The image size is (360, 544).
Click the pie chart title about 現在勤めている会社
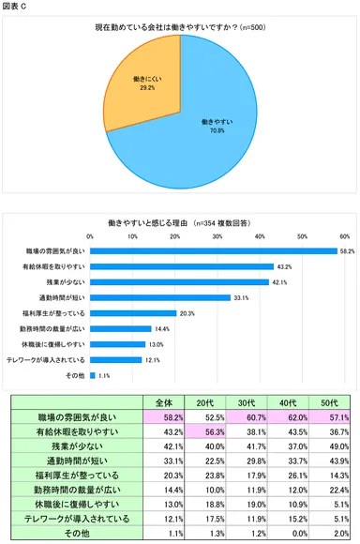click(179, 29)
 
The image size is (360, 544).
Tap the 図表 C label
click(15, 7)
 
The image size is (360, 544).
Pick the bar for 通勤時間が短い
click(160, 297)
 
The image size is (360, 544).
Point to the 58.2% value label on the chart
click(347, 251)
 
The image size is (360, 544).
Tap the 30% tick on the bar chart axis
click(217, 236)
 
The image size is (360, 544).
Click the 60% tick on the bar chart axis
click(344, 236)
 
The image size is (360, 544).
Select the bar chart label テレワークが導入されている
click(46, 360)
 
